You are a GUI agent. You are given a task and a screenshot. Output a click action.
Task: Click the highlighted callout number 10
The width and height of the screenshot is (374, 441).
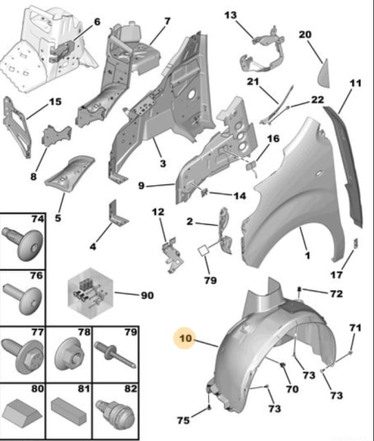click(185, 338)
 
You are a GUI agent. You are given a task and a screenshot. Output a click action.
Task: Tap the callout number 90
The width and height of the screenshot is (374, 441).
click(147, 295)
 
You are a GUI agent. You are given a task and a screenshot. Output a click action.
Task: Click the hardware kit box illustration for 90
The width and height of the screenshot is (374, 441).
click(90, 294)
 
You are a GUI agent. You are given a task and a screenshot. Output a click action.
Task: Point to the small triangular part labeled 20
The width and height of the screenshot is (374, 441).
click(324, 73)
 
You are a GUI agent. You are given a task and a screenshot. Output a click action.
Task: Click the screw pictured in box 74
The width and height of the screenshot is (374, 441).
click(24, 243)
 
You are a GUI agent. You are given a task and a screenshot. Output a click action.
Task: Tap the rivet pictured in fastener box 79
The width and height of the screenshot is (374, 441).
click(116, 355)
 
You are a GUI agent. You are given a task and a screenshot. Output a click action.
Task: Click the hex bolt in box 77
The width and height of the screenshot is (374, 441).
click(23, 355)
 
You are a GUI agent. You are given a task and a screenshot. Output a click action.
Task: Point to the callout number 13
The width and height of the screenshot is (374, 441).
click(230, 15)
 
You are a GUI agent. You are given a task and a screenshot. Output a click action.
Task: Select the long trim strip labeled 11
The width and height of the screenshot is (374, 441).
click(344, 168)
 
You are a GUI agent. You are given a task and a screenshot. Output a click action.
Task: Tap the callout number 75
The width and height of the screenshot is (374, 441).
click(183, 421)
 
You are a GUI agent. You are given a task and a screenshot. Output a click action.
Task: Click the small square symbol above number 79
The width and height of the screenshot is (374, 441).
click(204, 250)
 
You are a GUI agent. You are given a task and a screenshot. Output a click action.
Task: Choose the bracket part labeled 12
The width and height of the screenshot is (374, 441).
click(173, 255)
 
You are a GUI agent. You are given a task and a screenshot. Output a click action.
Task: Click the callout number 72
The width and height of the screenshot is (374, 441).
click(336, 294)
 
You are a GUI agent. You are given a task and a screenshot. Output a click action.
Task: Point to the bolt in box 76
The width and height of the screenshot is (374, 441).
click(22, 298)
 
